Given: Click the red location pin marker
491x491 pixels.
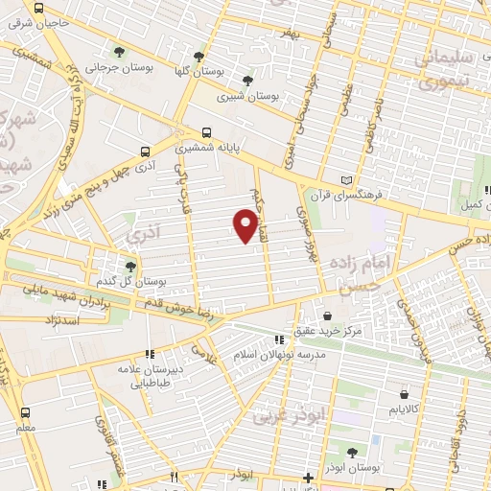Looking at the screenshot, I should [246, 225].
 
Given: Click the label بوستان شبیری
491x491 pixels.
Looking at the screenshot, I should [247, 97].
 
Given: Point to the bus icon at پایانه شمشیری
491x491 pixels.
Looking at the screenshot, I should [205, 133].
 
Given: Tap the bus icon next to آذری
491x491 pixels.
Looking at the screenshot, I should [146, 151].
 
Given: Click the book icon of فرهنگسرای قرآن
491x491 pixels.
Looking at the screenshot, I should [347, 179].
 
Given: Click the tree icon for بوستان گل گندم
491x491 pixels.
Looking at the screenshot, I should [130, 267].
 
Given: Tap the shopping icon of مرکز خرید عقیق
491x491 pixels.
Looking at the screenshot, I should [328, 316].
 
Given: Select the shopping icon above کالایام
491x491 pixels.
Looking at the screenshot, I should [404, 392].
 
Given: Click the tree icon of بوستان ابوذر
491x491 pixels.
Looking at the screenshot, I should [350, 452].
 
